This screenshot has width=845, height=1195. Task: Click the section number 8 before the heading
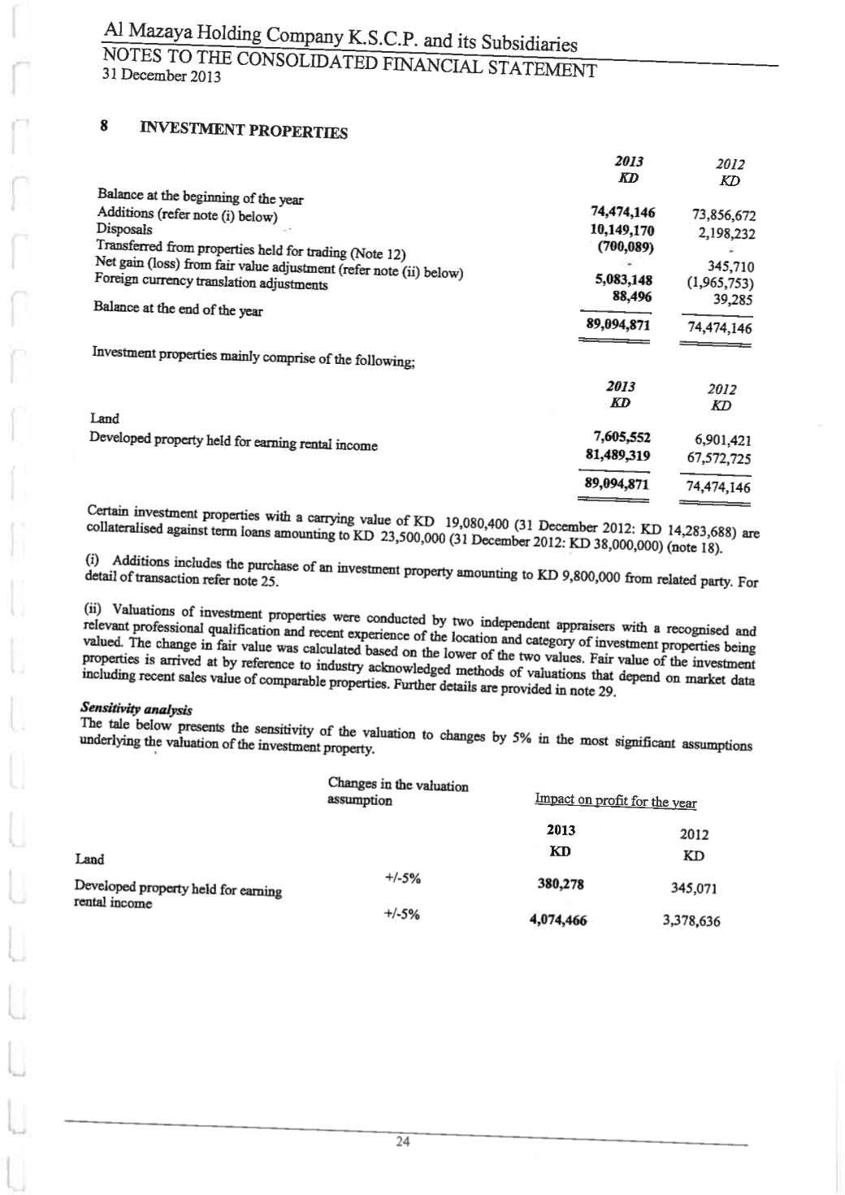tap(104, 127)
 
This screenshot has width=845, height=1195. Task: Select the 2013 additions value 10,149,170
tap(622, 230)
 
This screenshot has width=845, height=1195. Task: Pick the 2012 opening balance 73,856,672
tap(724, 216)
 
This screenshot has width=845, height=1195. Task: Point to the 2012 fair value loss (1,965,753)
tap(721, 284)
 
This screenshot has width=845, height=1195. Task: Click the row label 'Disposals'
tap(124, 229)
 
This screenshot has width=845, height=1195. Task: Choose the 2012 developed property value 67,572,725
tap(719, 458)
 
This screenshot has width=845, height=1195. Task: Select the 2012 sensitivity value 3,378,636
tap(691, 921)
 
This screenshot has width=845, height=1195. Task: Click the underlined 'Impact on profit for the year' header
tap(615, 802)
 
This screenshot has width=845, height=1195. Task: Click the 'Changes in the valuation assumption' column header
tap(397, 792)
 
